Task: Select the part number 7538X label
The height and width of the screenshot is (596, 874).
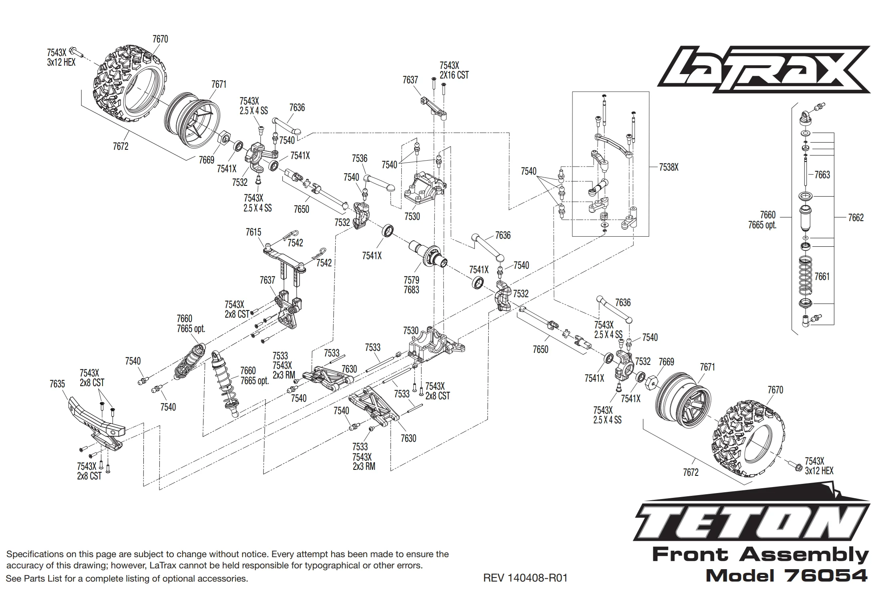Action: pos(669,167)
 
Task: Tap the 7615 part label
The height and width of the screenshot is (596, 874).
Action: pos(253,232)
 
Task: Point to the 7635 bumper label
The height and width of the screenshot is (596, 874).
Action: pos(57,384)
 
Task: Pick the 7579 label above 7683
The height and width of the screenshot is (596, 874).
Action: pos(411,280)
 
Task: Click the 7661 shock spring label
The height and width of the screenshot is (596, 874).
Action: pos(822,276)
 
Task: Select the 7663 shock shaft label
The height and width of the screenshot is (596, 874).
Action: pos(822,175)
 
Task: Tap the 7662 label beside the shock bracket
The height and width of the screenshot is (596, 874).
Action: pos(856,218)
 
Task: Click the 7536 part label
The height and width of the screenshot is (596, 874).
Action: pos(359,159)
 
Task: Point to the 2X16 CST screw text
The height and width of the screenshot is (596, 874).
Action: pos(454,75)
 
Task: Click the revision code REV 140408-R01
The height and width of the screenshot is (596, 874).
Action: pos(525,578)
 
